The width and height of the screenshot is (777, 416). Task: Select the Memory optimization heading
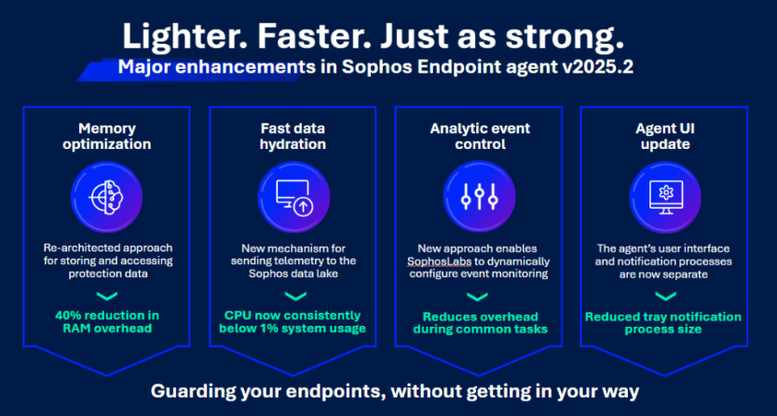pos(106,137)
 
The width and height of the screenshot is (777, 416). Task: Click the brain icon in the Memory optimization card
pos(106,196)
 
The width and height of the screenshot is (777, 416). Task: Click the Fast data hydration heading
pos(293,137)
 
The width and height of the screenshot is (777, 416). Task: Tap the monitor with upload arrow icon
pos(293,196)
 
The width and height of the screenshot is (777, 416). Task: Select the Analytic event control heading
pos(479,137)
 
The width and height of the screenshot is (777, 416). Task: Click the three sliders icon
pos(479,196)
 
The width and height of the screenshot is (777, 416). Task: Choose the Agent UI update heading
pos(665,137)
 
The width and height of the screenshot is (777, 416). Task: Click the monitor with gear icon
pos(665,196)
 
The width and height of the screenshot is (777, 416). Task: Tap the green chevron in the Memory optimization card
pos(106,297)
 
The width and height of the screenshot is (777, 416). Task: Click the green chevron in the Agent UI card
pos(665,297)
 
